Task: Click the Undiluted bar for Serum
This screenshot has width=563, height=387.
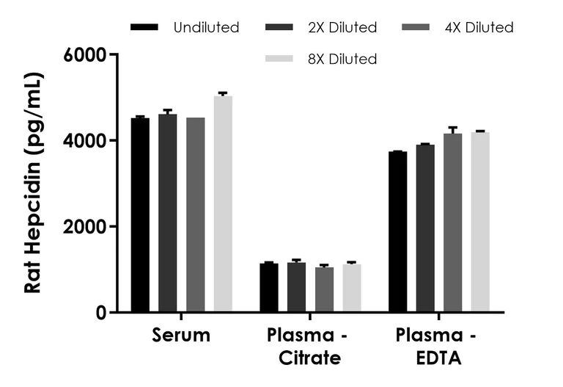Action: coord(140,214)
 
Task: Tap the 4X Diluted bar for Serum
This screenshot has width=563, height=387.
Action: coord(196,214)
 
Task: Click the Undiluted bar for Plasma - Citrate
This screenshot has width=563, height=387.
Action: coord(269,287)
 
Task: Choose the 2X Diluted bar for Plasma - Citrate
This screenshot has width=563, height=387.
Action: coord(296,287)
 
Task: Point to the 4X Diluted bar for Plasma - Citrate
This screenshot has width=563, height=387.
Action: coord(324,289)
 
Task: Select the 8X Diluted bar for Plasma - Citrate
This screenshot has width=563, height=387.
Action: coord(352,288)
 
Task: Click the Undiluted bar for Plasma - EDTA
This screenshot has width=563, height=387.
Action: coord(398,231)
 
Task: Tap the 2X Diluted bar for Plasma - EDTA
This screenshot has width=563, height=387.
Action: coord(425,228)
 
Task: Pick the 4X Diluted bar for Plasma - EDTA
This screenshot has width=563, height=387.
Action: coord(453,223)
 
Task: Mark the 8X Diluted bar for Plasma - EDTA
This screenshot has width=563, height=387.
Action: coord(480,222)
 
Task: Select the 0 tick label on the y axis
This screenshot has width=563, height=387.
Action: coord(103,312)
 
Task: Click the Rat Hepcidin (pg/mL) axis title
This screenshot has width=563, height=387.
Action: coord(33,183)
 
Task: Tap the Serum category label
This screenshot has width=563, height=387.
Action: coord(181,336)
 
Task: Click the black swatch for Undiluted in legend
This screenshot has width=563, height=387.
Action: coord(144,28)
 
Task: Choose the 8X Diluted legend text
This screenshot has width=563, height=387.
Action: coord(342,59)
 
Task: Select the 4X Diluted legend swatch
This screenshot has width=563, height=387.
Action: coord(417,28)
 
